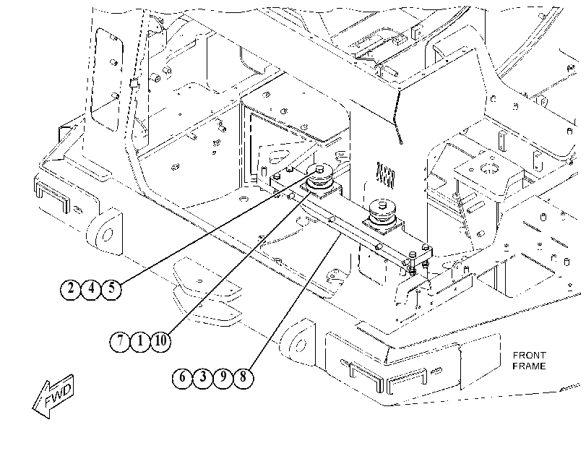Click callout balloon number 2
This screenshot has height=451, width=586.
coord(70,288)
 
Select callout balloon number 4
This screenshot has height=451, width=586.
coord(91,288)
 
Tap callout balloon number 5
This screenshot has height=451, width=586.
coord(111,288)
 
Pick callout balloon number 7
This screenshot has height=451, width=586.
coord(120,341)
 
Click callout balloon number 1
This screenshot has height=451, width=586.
coord(140,341)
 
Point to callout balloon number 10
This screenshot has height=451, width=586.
coord(160,341)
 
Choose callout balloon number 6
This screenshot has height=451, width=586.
coord(182,377)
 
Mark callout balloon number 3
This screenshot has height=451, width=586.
coord(202,377)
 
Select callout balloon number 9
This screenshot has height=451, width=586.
coord(223,377)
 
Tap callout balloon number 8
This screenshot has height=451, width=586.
coord(244,377)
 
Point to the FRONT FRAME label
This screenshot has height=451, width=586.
coord(529,361)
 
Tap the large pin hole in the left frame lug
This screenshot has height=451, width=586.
coord(107,235)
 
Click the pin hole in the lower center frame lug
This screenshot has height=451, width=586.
coord(300,345)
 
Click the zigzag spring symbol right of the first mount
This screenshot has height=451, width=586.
coord(386,176)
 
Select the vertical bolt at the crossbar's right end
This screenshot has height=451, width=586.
coord(412,262)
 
